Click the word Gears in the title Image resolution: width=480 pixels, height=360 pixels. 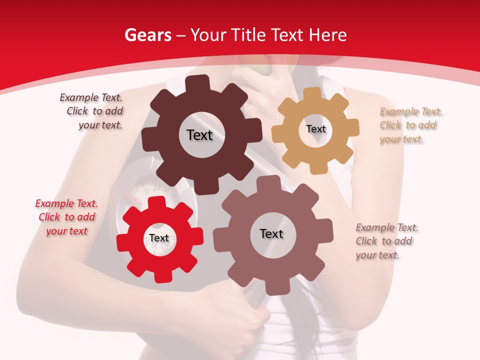(147, 35)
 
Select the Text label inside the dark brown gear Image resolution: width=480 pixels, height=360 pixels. (199, 135)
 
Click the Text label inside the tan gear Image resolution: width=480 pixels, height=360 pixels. (315, 129)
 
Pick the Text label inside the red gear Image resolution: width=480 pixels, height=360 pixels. (159, 238)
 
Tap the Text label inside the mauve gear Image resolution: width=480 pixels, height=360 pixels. (271, 233)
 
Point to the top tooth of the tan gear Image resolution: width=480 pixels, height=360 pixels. (313, 93)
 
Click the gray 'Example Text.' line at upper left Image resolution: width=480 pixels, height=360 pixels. (91, 97)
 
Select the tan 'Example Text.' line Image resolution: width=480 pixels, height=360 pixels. (411, 111)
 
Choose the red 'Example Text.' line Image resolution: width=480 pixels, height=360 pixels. (66, 203)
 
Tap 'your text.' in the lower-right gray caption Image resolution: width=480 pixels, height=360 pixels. (377, 255)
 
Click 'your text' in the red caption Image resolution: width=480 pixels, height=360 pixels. (66, 231)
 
